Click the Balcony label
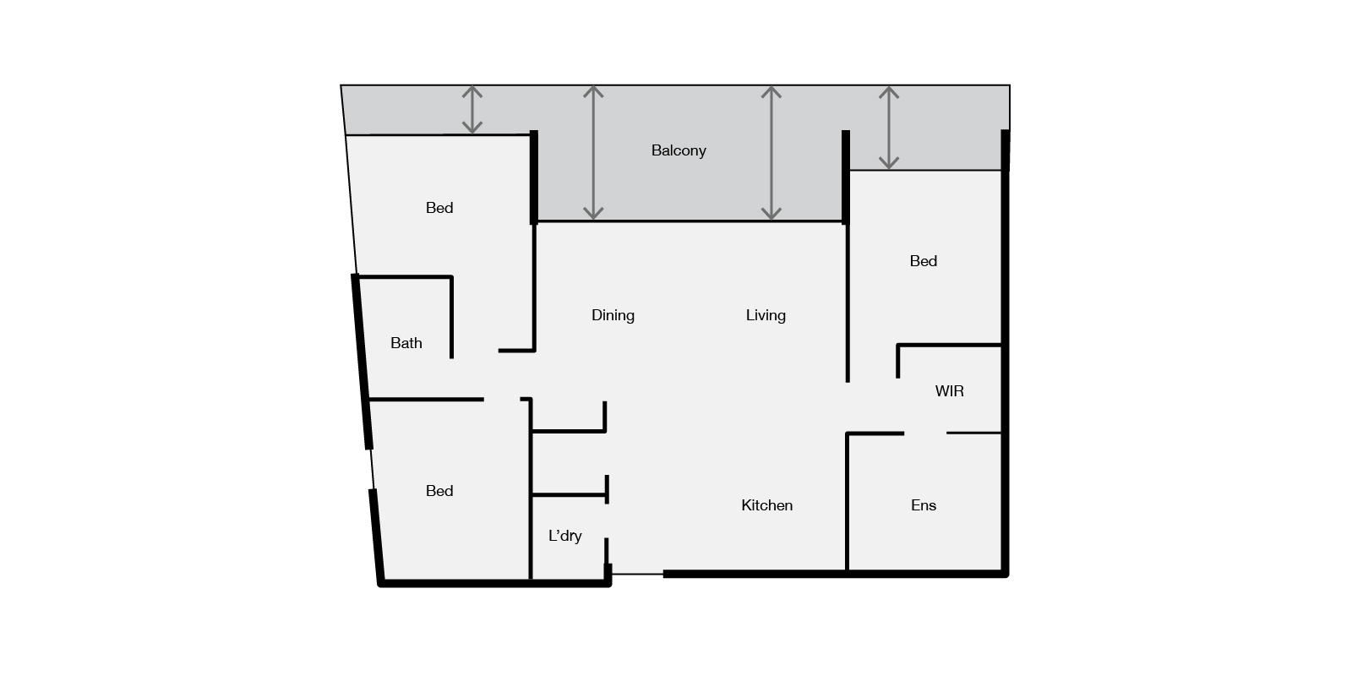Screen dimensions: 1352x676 point(679,151)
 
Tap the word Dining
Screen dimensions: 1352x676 point(613,316)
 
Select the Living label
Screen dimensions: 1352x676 point(766,316)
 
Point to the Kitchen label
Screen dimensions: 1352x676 point(766,505)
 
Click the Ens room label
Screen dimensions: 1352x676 point(924,505)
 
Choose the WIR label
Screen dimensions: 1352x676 point(950,391)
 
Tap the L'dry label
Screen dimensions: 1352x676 point(565,536)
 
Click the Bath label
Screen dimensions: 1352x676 point(406,343)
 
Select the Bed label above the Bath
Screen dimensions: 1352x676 point(439,208)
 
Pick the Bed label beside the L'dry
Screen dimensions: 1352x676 point(439,491)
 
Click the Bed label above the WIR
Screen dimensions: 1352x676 point(924,261)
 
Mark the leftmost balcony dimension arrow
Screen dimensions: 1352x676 point(472,110)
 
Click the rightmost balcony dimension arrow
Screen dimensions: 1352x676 point(888,128)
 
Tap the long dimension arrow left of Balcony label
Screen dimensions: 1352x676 point(593,153)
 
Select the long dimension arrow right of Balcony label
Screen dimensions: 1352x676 point(771,153)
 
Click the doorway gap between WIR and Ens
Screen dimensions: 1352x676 point(925,433)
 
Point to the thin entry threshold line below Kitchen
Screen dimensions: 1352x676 point(637,574)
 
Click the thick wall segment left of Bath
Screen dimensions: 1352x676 point(362,362)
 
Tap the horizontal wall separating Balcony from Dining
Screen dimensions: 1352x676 point(690,221)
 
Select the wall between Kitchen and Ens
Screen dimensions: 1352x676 point(848,502)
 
